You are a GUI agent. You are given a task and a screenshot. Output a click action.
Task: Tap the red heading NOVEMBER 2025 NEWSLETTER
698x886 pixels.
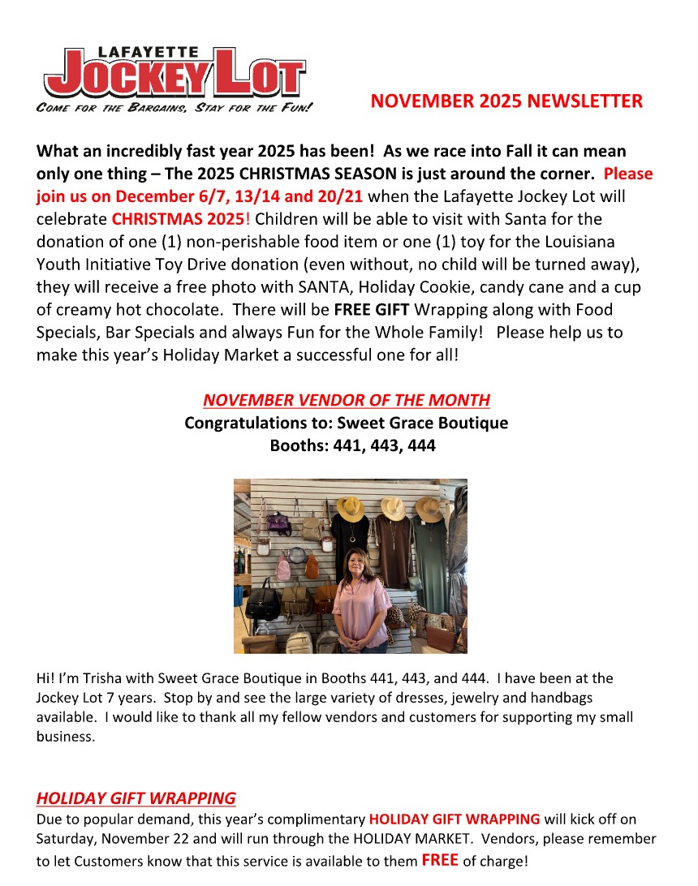tap(506, 101)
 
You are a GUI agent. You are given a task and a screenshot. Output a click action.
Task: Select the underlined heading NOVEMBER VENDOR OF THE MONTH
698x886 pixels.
tap(347, 400)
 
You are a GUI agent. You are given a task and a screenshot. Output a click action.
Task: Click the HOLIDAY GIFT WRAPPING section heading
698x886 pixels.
tap(136, 798)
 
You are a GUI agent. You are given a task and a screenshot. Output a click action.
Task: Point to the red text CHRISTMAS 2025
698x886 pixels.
tap(178, 219)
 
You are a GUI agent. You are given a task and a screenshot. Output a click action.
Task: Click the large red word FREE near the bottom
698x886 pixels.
tap(440, 860)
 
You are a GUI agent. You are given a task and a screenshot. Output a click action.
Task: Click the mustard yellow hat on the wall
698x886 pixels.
tap(351, 508)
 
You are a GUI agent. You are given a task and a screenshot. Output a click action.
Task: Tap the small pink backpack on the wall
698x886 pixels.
tap(283, 566)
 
